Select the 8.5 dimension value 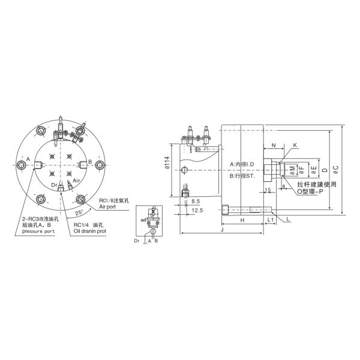click(x=196, y=202)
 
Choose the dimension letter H click(x=242, y=221)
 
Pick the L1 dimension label click(x=271, y=221)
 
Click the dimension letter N click(x=274, y=146)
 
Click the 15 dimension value click(x=268, y=190)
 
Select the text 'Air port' click(x=109, y=206)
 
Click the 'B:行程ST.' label click(x=244, y=176)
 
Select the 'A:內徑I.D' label click(x=243, y=164)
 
